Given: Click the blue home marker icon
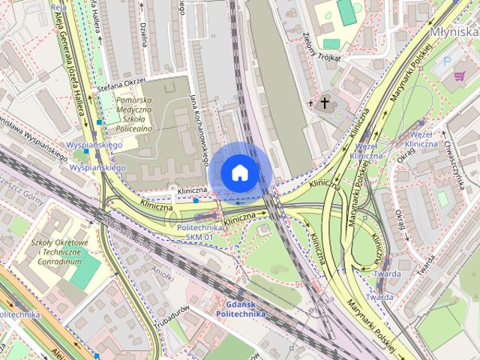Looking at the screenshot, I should click(x=240, y=172).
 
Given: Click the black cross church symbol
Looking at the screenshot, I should click(x=325, y=102).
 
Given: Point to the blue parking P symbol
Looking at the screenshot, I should click(x=448, y=61).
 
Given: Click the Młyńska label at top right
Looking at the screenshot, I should click(x=454, y=31).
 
